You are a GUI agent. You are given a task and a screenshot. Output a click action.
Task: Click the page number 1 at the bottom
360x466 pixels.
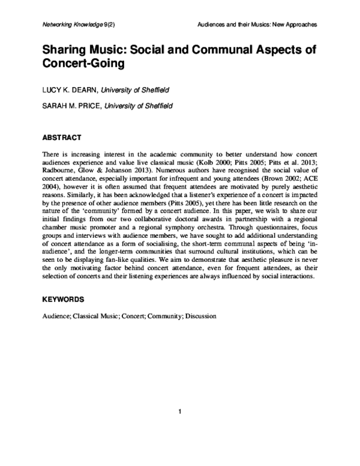coord(179,411)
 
